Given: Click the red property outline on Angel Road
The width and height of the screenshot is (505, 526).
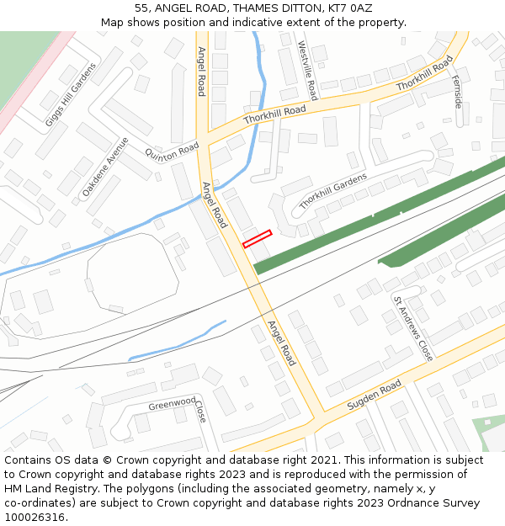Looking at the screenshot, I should [258, 239].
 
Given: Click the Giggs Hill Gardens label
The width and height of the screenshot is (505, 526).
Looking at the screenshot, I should [71, 94].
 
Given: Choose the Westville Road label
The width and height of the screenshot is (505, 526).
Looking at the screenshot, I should [307, 70].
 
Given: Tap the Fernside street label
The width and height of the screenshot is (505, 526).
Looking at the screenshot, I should [457, 91].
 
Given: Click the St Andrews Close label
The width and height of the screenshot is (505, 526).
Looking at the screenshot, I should [413, 328].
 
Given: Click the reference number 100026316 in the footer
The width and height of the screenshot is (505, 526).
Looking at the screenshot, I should [35, 517].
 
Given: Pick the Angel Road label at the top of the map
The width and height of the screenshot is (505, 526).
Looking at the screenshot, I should [201, 72].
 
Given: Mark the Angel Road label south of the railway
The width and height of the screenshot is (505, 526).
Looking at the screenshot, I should [281, 343].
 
